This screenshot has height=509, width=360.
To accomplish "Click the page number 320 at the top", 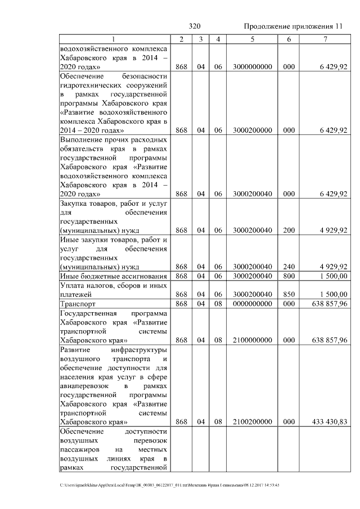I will pyautogui.click(x=195, y=26).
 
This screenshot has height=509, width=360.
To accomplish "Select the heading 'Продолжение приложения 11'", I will pyautogui.click(x=292, y=26).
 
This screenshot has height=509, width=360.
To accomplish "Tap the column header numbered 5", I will pyautogui.click(x=253, y=39).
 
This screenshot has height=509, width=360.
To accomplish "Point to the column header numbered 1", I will pyautogui.click(x=114, y=39).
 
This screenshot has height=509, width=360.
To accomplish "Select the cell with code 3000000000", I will pyautogui.click(x=253, y=66).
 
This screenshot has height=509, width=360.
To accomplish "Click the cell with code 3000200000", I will pyautogui.click(x=253, y=130).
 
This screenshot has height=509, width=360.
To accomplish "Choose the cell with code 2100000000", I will pyautogui.click(x=253, y=340).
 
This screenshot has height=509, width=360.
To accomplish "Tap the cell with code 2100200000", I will pyautogui.click(x=253, y=422).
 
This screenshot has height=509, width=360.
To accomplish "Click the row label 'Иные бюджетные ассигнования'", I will pyautogui.click(x=114, y=276).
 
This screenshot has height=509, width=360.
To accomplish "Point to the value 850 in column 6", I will pyautogui.click(x=289, y=294).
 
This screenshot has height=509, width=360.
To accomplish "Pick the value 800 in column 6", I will pyautogui.click(x=289, y=276).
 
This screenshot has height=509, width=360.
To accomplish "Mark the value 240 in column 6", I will pyautogui.click(x=289, y=267).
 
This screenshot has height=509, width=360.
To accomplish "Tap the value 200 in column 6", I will pyautogui.click(x=289, y=231).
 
